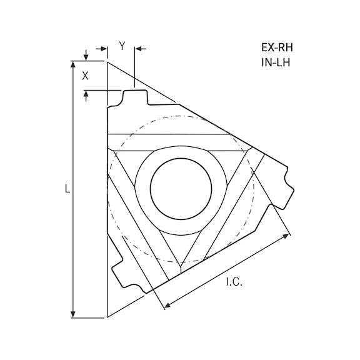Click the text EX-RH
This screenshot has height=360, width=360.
(x=276, y=47)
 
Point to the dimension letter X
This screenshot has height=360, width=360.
(x=86, y=76)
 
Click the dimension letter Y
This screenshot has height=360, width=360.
(x=122, y=46)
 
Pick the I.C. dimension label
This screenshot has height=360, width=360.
(x=234, y=282)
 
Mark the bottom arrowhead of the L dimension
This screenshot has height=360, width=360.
(x=74, y=314)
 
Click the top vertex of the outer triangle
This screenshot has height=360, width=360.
(x=107, y=61)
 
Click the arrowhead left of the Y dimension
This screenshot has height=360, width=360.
(x=103, y=47)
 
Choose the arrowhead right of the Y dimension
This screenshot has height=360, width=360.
(x=139, y=47)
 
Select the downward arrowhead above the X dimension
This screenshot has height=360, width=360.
(x=86, y=57)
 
